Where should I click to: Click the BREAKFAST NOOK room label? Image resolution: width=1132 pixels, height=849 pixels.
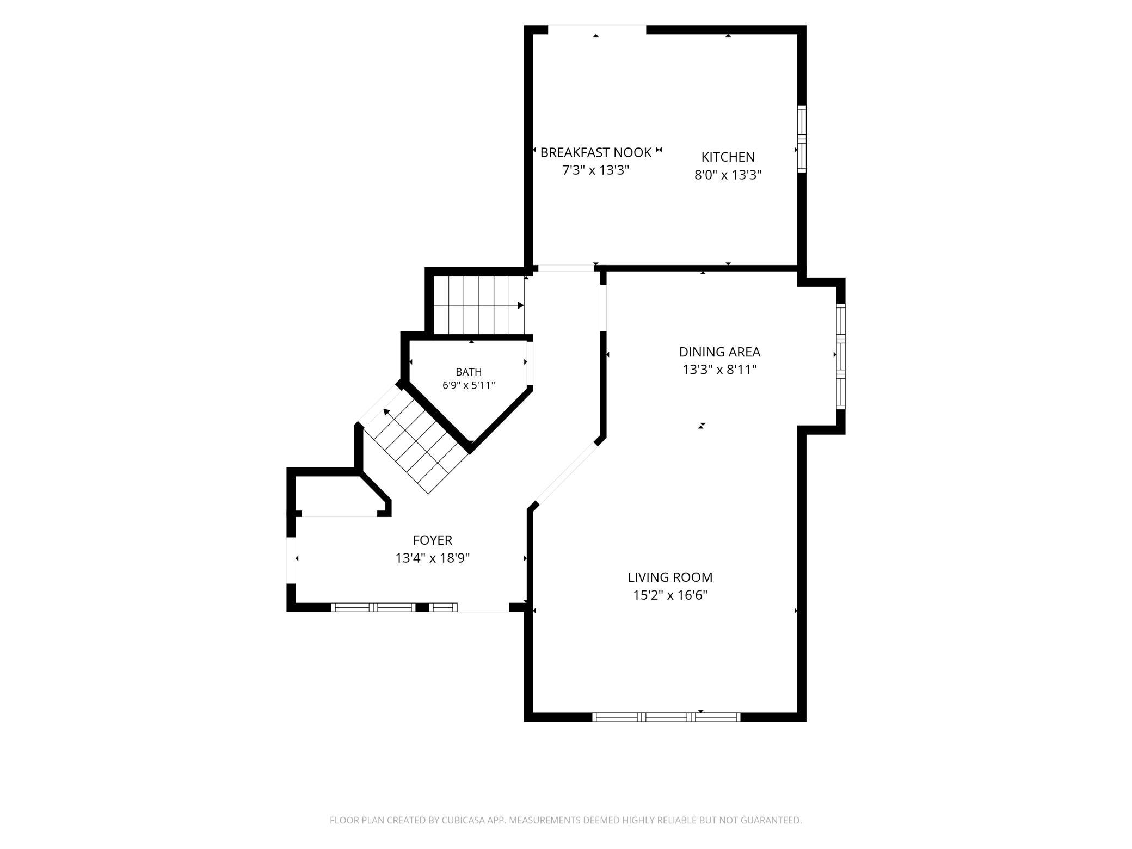click(x=596, y=152)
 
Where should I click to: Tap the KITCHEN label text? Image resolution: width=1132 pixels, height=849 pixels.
click(x=728, y=157)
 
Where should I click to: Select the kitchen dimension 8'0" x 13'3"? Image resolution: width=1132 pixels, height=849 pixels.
click(x=728, y=175)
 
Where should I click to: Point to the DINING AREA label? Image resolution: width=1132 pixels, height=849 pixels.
click(x=719, y=352)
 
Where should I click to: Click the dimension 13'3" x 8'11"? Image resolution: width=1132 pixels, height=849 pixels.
click(x=719, y=370)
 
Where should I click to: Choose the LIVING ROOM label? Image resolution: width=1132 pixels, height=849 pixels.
click(x=670, y=577)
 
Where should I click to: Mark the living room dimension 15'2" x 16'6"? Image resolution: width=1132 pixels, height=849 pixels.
click(x=670, y=595)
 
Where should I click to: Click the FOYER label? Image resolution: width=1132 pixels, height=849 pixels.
click(x=433, y=540)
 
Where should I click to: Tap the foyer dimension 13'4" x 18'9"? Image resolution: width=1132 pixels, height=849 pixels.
click(x=433, y=558)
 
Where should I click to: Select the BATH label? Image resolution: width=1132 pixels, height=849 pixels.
click(x=469, y=372)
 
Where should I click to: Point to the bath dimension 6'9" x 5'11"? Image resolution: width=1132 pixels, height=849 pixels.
click(x=469, y=386)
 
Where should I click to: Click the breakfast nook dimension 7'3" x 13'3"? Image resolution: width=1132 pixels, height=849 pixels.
click(x=596, y=170)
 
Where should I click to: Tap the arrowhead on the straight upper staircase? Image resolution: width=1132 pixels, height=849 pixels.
click(x=521, y=305)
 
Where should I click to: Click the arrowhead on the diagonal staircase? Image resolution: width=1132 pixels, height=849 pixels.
click(x=387, y=411)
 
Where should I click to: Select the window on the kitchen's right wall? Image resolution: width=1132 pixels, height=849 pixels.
click(x=802, y=139)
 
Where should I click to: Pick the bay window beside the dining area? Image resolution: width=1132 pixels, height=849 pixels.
click(x=841, y=356)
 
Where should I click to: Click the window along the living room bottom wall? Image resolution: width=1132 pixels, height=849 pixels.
click(x=666, y=717)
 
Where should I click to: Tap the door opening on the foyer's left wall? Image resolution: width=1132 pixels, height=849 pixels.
click(x=291, y=561)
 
